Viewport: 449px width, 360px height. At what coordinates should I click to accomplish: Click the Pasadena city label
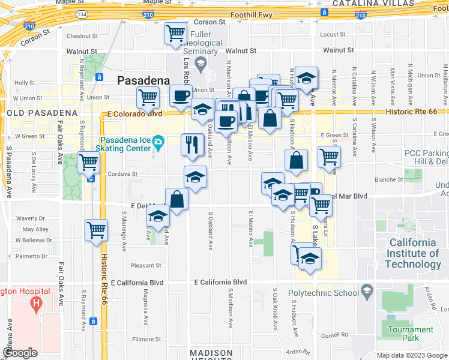pos(143,80)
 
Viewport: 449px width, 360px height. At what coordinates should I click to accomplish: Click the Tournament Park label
pos(411,334)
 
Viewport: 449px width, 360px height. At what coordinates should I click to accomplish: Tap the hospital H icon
pos(36,304)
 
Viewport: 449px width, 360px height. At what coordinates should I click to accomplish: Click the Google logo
pos(20,353)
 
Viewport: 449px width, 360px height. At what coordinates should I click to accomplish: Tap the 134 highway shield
pos(82,13)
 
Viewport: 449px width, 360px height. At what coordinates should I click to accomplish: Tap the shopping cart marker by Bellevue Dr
pos(96,230)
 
